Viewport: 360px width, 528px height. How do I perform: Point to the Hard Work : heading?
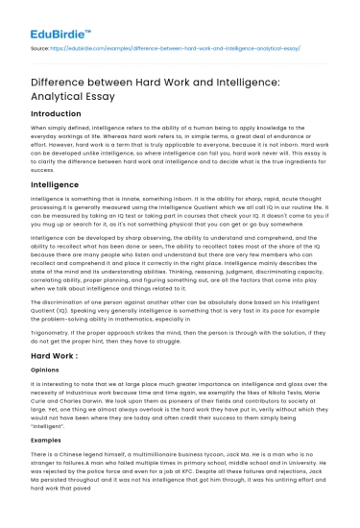click(57, 355)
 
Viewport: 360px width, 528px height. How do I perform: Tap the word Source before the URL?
click(43, 45)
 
